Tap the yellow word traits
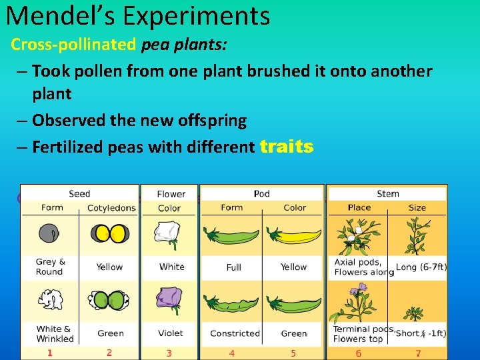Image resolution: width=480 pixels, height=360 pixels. (x=286, y=147)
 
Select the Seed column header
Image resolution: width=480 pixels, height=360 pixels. (x=79, y=193)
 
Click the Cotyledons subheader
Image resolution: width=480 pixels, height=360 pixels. (x=111, y=207)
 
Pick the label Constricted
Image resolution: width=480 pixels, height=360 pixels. (x=235, y=333)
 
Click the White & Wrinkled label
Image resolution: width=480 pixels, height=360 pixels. (x=55, y=333)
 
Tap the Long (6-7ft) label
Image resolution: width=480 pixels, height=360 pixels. (x=421, y=267)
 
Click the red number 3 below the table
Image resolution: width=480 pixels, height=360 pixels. (x=169, y=353)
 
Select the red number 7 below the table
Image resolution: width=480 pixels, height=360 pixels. (x=418, y=353)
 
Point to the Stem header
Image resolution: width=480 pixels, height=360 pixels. (x=388, y=193)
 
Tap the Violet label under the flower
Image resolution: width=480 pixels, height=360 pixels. (x=171, y=333)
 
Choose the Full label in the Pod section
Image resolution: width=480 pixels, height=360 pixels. (x=233, y=267)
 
